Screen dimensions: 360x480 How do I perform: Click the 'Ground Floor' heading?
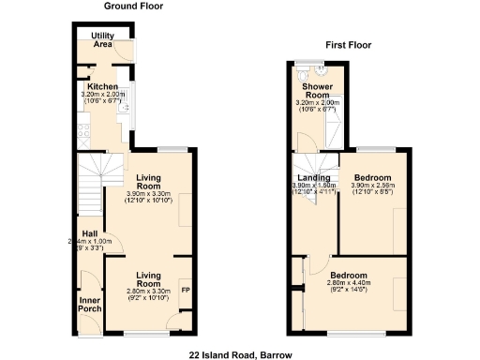click(x=134, y=6)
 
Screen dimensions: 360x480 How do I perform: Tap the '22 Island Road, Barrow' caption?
click(x=240, y=355)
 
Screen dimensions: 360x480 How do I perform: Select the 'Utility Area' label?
click(x=102, y=40)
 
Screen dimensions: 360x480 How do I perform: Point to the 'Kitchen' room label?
click(x=102, y=87)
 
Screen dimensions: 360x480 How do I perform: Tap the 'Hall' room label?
click(x=90, y=233)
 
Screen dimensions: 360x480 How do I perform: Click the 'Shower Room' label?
click(x=316, y=91)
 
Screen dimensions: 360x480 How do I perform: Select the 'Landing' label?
click(x=312, y=178)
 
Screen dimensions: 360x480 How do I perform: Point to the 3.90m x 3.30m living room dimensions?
click(x=148, y=198)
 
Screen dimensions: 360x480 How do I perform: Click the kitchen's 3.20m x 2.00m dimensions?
click(x=102, y=97)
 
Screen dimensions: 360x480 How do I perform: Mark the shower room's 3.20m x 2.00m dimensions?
click(x=316, y=106)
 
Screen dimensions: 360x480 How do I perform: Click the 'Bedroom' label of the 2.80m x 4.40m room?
click(x=348, y=276)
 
